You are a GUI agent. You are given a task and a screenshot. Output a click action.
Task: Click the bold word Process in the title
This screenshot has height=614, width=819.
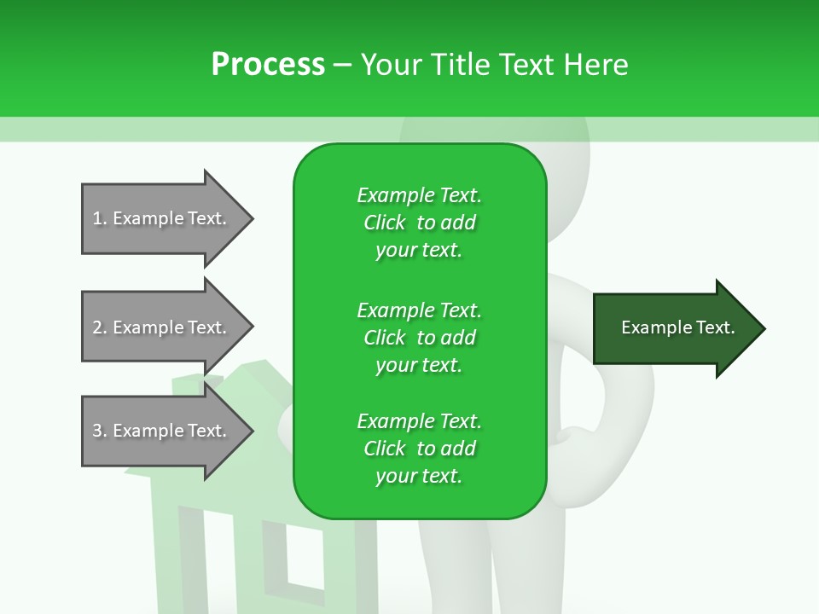point(268,64)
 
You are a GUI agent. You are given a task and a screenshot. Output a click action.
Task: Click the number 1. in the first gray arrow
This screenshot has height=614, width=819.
point(99,218)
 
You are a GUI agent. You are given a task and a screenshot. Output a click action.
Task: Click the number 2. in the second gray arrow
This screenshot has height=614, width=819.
point(99,327)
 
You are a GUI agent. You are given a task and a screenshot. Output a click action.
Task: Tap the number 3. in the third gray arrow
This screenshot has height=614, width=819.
point(99,431)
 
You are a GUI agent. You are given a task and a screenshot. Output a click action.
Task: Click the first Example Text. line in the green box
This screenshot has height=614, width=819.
point(419,195)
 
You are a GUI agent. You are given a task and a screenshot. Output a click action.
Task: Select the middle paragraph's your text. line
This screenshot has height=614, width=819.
point(418,365)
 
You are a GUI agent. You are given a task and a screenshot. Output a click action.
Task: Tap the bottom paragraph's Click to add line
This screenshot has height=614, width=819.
point(419,449)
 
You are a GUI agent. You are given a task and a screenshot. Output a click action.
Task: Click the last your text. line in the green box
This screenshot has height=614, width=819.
point(418,476)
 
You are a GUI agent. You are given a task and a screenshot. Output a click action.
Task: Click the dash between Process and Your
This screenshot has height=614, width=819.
point(343,65)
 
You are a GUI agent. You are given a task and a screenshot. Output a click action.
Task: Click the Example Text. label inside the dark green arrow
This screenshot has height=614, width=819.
point(677,327)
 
